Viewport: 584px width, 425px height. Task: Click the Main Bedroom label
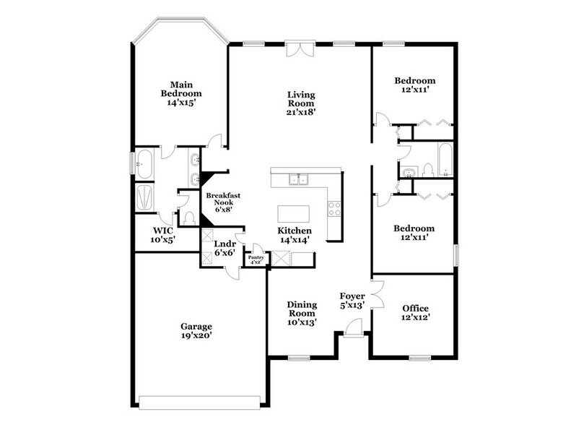(x=180, y=93)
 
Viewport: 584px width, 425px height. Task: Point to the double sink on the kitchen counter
(x=297, y=179)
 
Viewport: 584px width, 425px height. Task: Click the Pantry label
(x=256, y=259)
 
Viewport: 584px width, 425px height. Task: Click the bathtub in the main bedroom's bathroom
(x=145, y=165)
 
